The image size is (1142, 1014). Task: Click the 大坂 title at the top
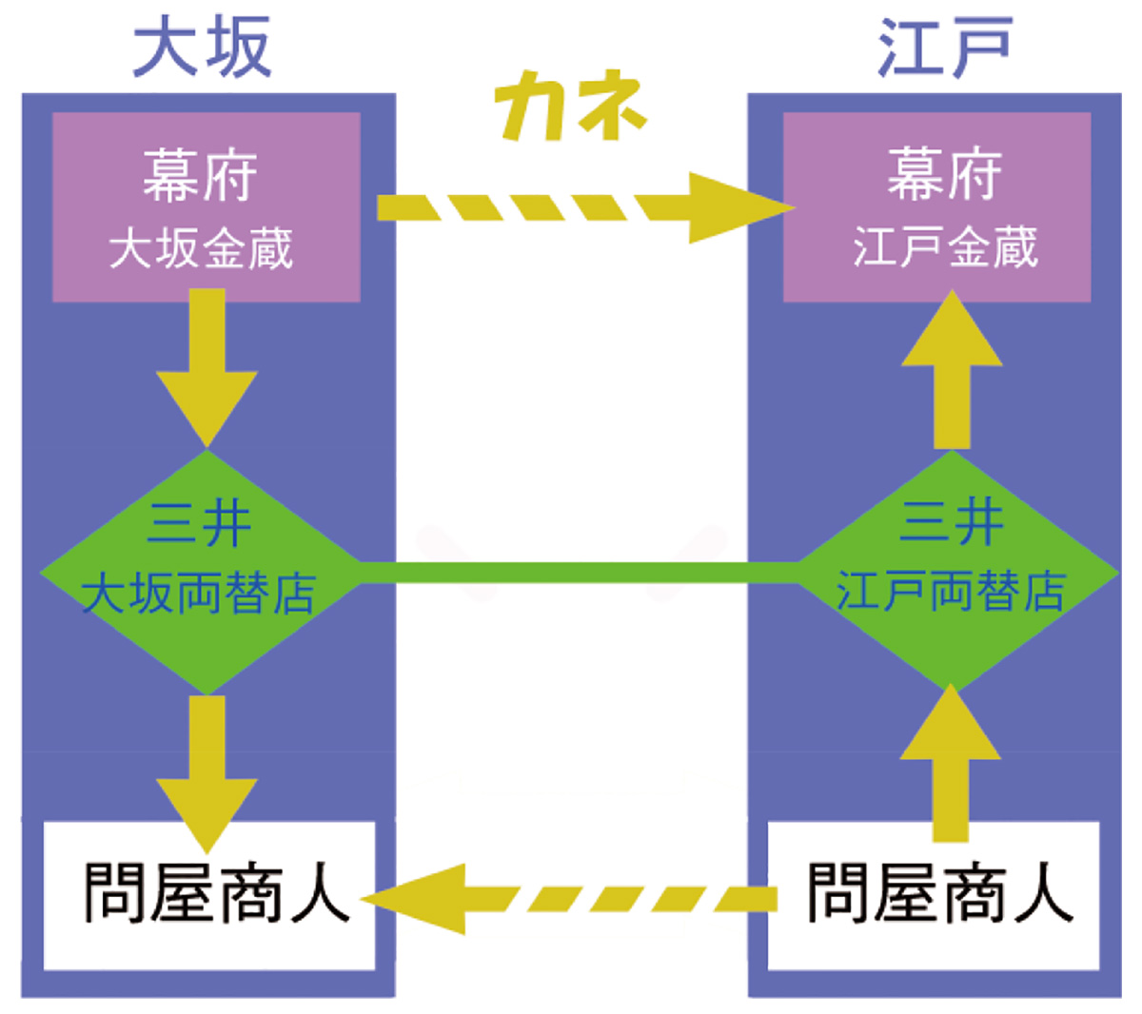(x=202, y=48)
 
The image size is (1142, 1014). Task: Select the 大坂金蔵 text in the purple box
(x=202, y=249)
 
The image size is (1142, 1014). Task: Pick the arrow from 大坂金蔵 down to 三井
(x=207, y=366)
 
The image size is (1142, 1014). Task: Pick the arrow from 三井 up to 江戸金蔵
(x=951, y=371)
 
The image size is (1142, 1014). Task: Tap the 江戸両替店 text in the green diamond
(x=950, y=592)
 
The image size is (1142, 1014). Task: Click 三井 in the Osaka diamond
(x=200, y=524)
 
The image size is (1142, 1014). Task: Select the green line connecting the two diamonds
(x=581, y=573)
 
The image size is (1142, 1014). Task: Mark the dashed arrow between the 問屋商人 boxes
(x=571, y=899)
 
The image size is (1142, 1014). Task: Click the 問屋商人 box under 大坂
(x=209, y=894)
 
